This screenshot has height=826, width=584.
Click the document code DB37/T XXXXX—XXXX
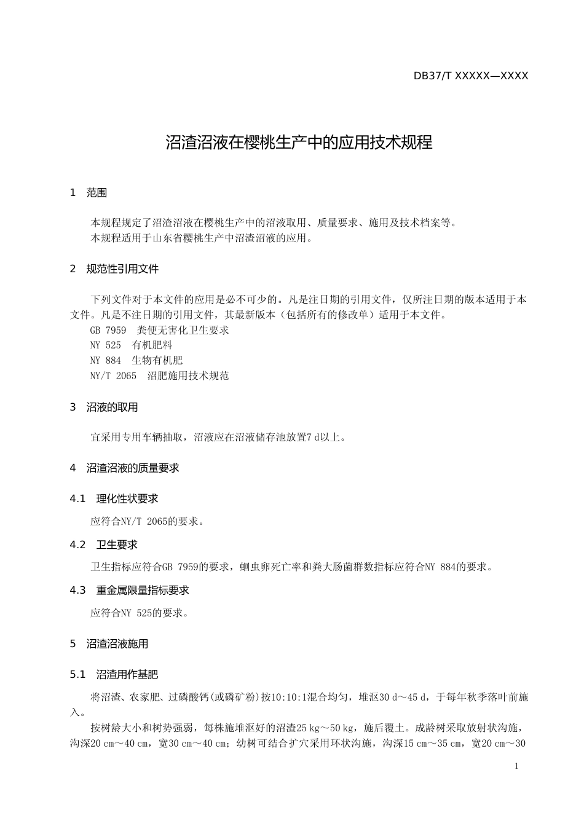point(471,76)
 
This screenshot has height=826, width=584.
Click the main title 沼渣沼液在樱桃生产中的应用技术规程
point(299,143)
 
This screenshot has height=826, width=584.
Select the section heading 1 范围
point(89,193)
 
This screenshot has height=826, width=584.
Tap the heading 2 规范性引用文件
point(114,269)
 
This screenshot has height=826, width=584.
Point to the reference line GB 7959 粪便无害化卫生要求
point(159,331)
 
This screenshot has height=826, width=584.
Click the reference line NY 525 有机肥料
point(131,345)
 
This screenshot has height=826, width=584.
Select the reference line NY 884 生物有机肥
point(136,361)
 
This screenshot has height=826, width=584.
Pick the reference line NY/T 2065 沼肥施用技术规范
point(159,376)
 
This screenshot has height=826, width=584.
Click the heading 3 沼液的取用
point(104,407)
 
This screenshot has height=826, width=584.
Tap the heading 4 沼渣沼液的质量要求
point(124,468)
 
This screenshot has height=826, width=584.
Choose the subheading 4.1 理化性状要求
point(114,499)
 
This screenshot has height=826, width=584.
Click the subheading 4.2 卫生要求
point(104,545)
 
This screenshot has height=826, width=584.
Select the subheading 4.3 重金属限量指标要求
point(130,591)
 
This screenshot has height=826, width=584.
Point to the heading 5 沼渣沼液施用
point(109,644)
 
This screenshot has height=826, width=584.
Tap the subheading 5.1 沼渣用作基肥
point(114,675)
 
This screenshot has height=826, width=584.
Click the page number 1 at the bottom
point(516,766)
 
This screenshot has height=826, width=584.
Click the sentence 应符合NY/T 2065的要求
point(147,522)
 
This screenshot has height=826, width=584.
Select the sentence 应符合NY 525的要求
point(139,613)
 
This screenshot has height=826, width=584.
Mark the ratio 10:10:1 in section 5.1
point(292,698)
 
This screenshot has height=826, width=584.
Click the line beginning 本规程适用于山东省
point(202,238)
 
